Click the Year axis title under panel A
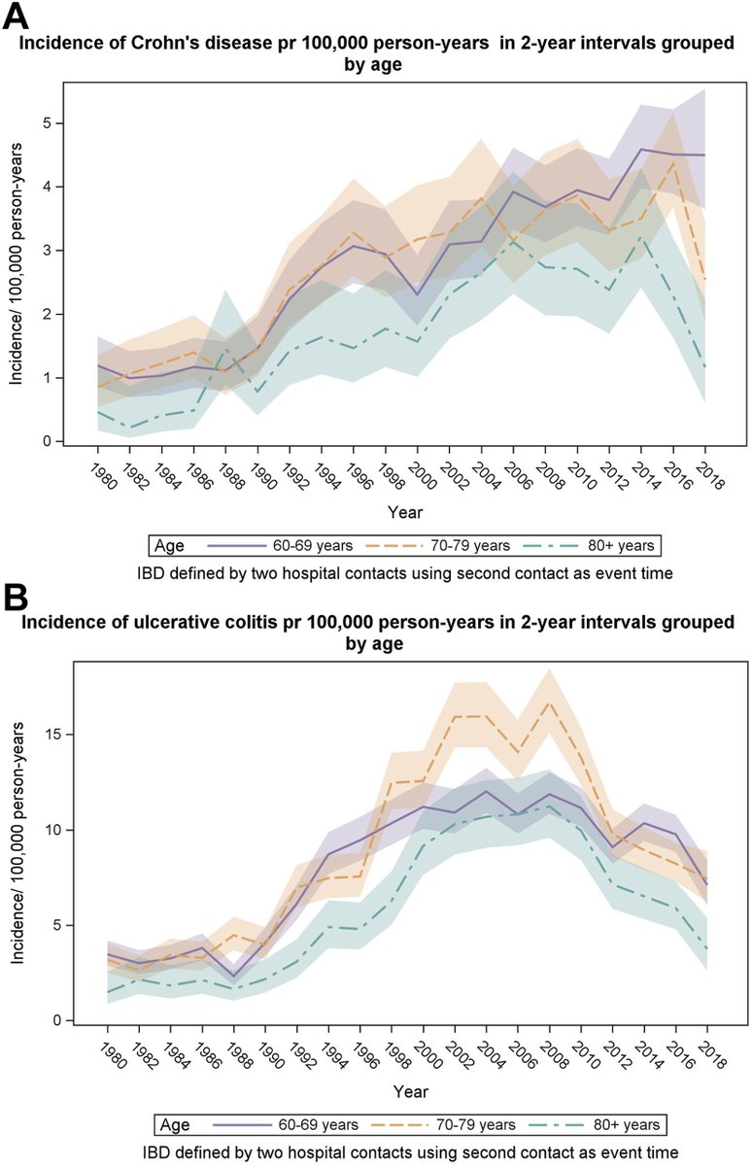coord(406,511)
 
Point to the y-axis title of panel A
coord(17,282)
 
